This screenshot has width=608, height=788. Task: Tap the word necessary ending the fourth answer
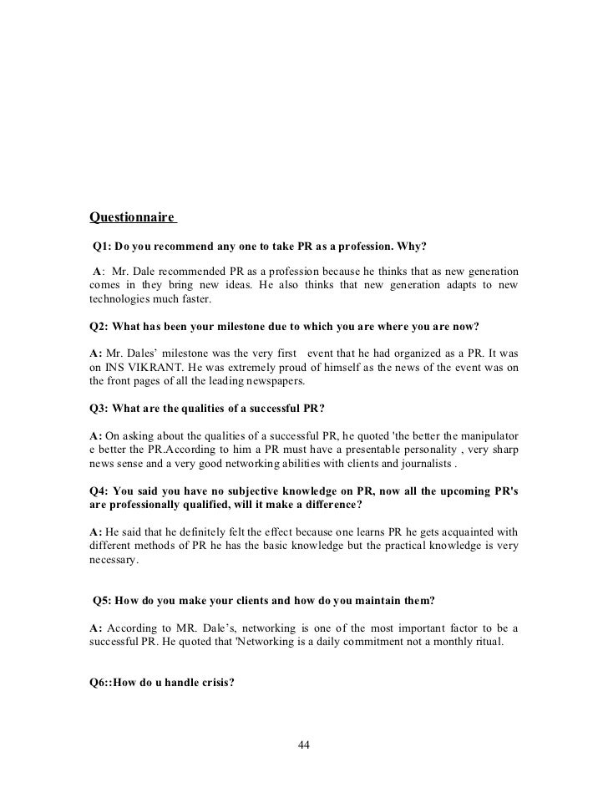(x=112, y=562)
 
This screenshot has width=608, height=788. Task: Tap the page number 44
(x=304, y=745)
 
